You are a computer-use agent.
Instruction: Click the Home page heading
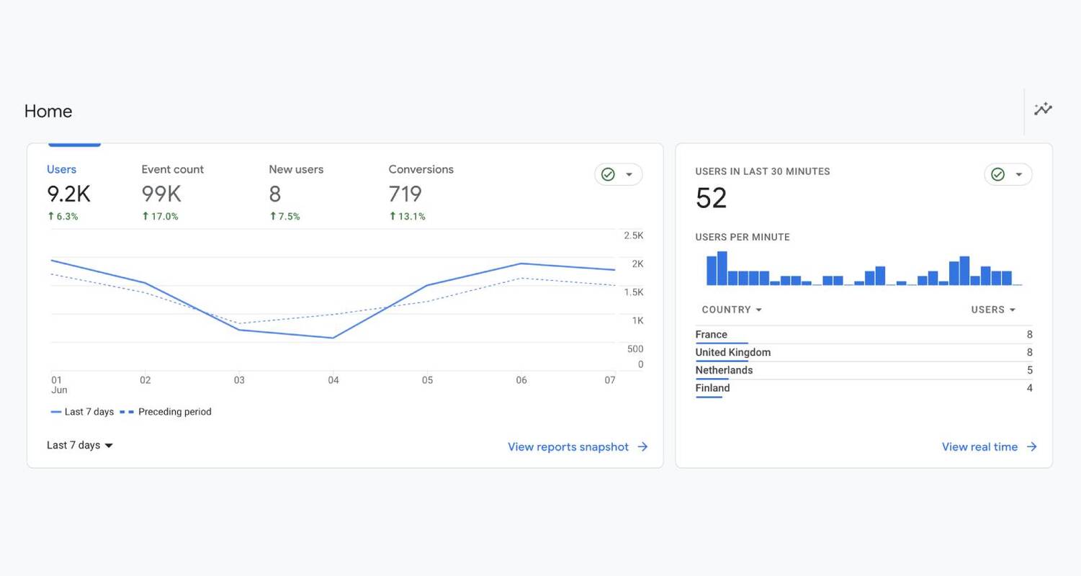48,111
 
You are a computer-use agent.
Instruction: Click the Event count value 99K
161,194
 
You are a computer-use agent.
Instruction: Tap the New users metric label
296,169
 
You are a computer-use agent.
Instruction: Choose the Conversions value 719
405,194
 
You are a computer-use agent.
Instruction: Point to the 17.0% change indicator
160,216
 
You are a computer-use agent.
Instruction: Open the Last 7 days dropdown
80,445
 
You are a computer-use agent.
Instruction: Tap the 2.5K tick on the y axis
634,235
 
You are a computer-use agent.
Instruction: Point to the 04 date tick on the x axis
333,380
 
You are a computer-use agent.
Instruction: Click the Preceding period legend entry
174,412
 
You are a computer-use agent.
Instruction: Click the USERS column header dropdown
993,310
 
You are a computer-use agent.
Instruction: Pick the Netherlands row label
724,370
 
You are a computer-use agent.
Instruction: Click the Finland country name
712,388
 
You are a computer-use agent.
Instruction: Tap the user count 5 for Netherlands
1029,370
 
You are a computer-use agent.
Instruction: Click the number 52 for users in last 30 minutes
712,198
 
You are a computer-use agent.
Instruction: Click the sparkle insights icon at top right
1043,109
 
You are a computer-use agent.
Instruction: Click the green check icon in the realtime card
997,174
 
